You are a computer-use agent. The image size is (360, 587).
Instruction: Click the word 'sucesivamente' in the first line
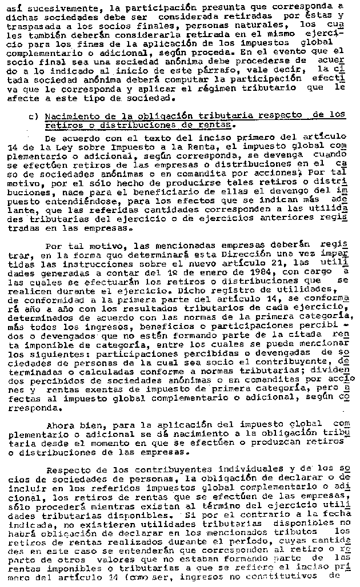click(x=56, y=6)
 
